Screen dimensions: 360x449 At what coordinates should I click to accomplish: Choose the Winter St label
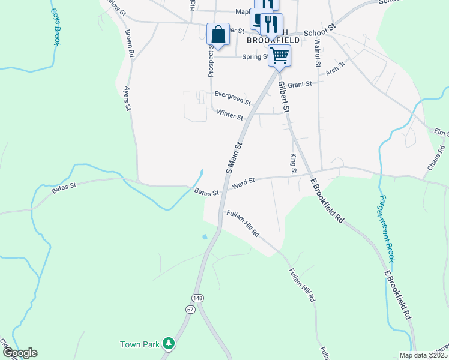[x=230, y=115]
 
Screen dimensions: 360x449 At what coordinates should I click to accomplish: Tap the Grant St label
[x=300, y=85]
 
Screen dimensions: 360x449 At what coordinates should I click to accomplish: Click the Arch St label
[x=335, y=68]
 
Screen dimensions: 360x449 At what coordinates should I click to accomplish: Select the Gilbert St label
[x=283, y=98]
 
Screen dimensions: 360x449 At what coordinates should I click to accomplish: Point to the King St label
[x=294, y=163]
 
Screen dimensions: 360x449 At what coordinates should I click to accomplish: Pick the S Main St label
[x=234, y=158]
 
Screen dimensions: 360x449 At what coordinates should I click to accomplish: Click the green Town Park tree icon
[x=169, y=343]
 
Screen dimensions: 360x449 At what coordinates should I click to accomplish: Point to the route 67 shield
[x=190, y=310]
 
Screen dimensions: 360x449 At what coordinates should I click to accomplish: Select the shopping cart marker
[x=279, y=56]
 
